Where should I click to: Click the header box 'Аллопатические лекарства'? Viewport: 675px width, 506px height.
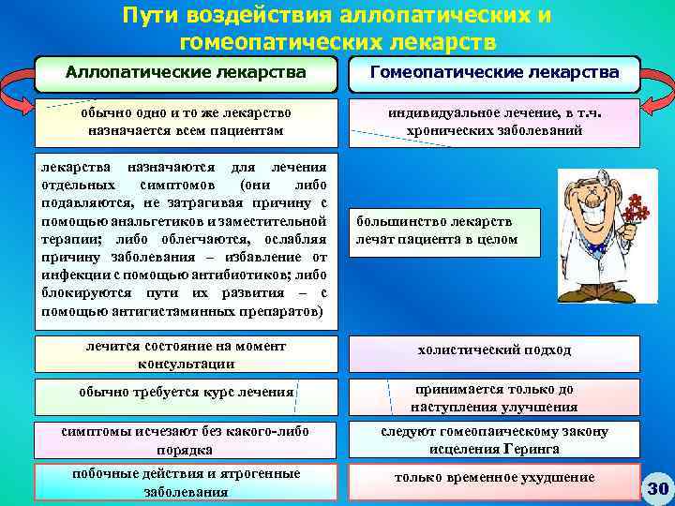[185, 72]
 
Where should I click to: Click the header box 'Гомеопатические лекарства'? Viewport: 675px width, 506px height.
[494, 72]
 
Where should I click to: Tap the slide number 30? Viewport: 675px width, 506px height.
[657, 488]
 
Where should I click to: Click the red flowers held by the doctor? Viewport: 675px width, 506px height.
[638, 210]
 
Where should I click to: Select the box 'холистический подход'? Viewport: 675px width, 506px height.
[494, 350]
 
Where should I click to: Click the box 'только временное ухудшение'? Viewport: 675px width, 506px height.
[494, 478]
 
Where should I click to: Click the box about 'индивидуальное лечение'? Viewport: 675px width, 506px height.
[494, 122]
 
